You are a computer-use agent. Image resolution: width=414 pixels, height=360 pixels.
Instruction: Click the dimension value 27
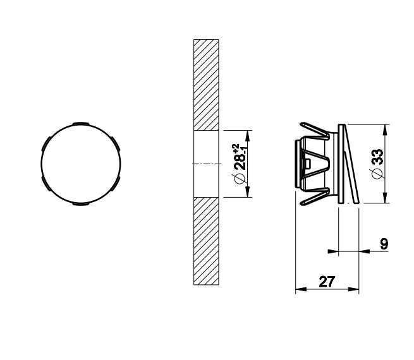click(327, 282)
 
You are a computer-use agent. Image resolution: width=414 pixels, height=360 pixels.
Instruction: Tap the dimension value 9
click(384, 244)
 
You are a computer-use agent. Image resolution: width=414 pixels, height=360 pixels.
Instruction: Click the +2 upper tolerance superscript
click(236, 147)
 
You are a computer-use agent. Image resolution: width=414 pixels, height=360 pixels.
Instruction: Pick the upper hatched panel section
click(206, 85)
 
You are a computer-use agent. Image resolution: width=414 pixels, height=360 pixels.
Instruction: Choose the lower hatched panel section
click(206, 241)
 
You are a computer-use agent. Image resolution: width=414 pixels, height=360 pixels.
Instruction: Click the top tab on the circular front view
click(81, 123)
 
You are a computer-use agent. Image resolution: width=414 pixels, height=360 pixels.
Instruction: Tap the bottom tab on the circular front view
click(81, 203)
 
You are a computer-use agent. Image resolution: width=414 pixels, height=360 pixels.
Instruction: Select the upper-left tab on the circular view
click(46, 143)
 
